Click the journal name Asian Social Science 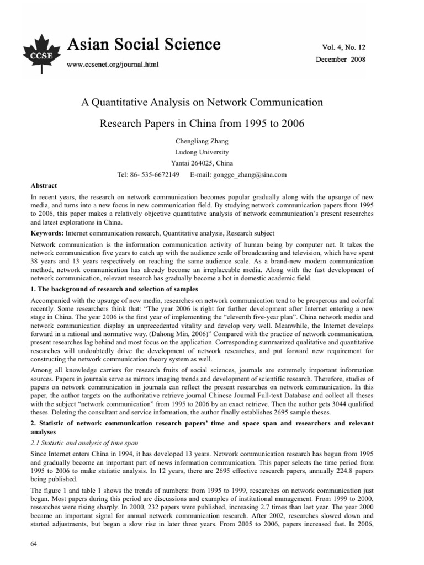pos(144,44)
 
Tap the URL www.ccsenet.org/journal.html pos(112,65)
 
